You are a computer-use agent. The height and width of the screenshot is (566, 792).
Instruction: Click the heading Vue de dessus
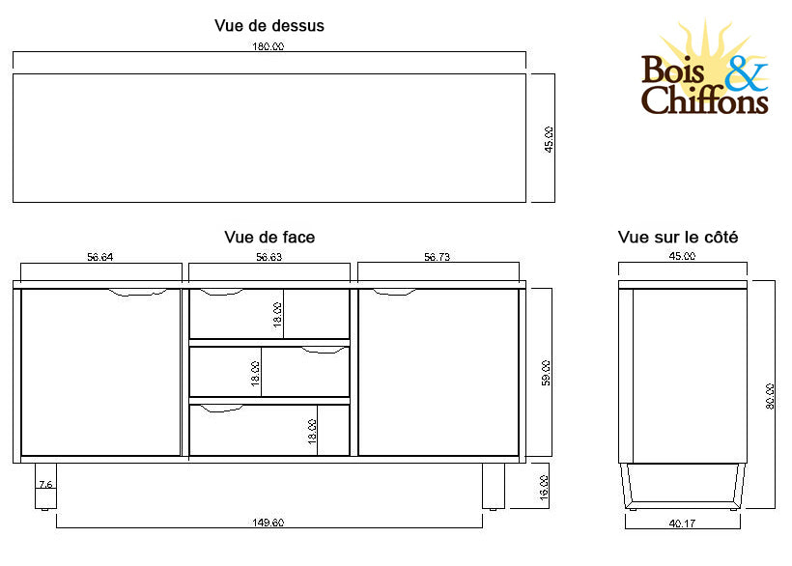pyautogui.click(x=269, y=26)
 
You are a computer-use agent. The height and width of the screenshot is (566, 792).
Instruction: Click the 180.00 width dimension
pyautogui.click(x=269, y=46)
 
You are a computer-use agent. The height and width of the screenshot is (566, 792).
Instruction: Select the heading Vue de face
pyautogui.click(x=269, y=237)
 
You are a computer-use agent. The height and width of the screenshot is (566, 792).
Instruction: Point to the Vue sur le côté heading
pyautogui.click(x=678, y=237)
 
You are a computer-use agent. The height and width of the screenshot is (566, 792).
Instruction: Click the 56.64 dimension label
pyautogui.click(x=100, y=257)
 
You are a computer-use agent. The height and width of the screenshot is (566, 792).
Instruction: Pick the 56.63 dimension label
pyautogui.click(x=269, y=257)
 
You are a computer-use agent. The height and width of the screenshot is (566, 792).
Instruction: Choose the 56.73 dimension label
pyautogui.click(x=438, y=257)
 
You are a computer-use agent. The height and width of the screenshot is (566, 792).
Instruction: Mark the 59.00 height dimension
pyautogui.click(x=546, y=374)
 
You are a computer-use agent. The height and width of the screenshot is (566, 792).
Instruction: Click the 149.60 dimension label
pyautogui.click(x=269, y=524)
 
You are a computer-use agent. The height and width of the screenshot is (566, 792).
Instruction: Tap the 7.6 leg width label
pyautogui.click(x=44, y=484)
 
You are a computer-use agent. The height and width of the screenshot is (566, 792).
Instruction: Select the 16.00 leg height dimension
pyautogui.click(x=544, y=486)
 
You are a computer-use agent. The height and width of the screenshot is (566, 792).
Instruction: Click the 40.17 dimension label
pyautogui.click(x=683, y=524)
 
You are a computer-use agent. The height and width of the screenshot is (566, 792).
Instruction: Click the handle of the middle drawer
pyautogui.click(x=324, y=351)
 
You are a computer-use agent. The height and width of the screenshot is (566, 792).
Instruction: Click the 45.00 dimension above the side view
pyautogui.click(x=682, y=257)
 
